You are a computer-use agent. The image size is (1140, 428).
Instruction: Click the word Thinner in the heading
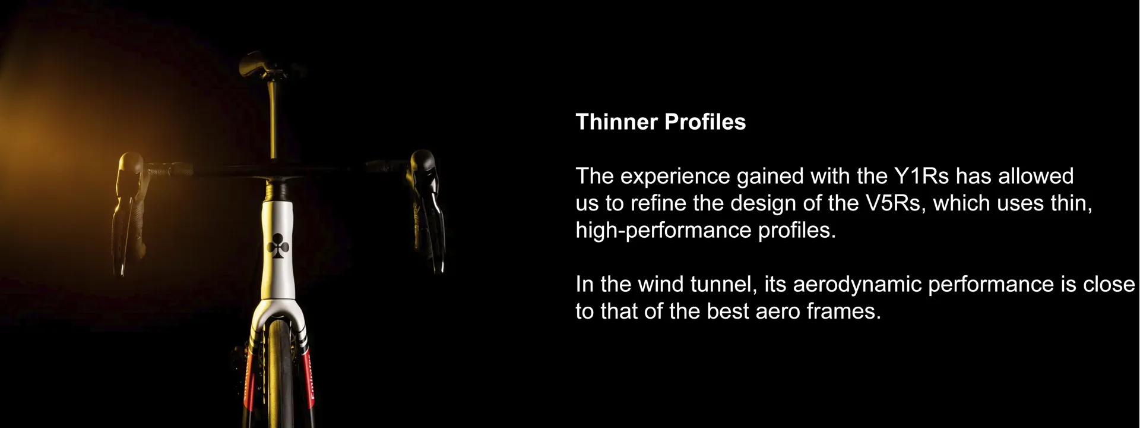(617, 122)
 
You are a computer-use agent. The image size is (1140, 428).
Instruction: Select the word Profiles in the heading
(705, 122)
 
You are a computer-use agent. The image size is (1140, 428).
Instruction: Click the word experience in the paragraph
(674, 177)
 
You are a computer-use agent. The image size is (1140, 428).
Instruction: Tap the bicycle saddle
(262, 63)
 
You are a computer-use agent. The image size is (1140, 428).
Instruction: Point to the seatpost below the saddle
(274, 119)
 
